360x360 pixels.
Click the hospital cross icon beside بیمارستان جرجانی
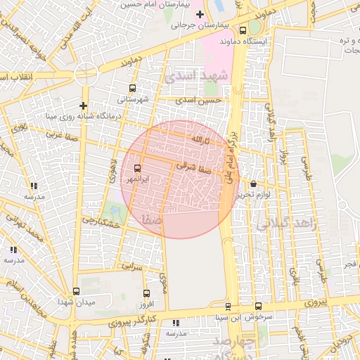click(x=200, y=15)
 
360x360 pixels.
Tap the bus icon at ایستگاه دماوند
click(x=243, y=30)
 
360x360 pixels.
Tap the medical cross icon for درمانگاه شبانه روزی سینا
click(x=83, y=105)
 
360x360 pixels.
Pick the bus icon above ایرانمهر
click(x=136, y=168)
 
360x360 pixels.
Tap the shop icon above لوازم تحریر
click(x=253, y=184)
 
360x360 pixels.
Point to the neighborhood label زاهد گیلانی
click(x=281, y=224)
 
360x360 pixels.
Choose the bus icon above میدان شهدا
click(x=76, y=291)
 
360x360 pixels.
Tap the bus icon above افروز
click(x=146, y=293)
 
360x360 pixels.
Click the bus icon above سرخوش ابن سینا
click(x=258, y=306)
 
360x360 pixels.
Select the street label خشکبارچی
click(x=98, y=220)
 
